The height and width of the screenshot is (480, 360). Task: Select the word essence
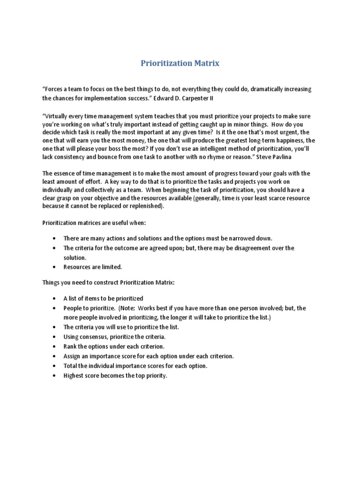click(x=66, y=173)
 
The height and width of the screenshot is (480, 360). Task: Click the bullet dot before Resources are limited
click(x=55, y=267)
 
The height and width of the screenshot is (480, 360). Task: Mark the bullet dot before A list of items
click(x=55, y=298)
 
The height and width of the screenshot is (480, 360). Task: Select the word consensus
click(x=97, y=337)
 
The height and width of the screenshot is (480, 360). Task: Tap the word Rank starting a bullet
click(x=71, y=346)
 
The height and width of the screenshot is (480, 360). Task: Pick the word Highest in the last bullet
click(x=75, y=375)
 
